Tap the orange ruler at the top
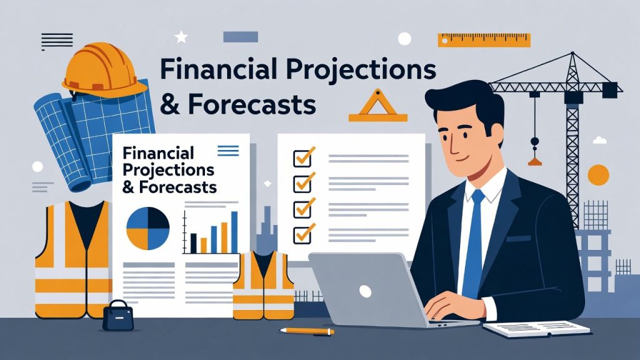pos(484,39)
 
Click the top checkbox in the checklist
pos(303,156)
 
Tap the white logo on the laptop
pos(365,291)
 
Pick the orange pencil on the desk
pos(306,330)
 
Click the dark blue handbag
pos(117,316)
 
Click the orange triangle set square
pos(377,106)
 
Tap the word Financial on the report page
pos(159,153)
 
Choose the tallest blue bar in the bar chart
pos(234,231)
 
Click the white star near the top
pos(181,37)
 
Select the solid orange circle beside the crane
pos(598,174)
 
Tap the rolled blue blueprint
pos(87,134)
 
